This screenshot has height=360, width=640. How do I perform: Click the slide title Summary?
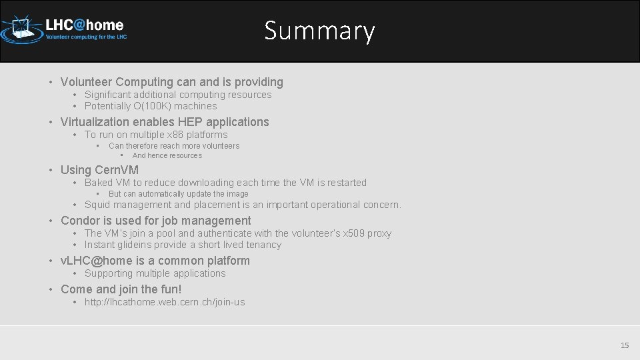click(x=319, y=31)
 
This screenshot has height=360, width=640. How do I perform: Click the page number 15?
click(x=625, y=345)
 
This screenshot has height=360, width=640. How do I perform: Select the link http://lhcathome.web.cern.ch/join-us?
click(x=165, y=302)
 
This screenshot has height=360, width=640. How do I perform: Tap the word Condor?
click(x=80, y=221)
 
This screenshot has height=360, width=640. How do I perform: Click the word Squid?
click(x=97, y=205)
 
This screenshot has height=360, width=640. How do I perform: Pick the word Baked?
click(x=99, y=183)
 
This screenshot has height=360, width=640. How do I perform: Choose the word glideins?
click(x=136, y=245)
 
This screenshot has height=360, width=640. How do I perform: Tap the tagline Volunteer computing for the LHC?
click(x=85, y=37)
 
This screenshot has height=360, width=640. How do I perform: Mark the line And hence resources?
click(x=167, y=156)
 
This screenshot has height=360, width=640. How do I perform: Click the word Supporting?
click(x=109, y=273)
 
